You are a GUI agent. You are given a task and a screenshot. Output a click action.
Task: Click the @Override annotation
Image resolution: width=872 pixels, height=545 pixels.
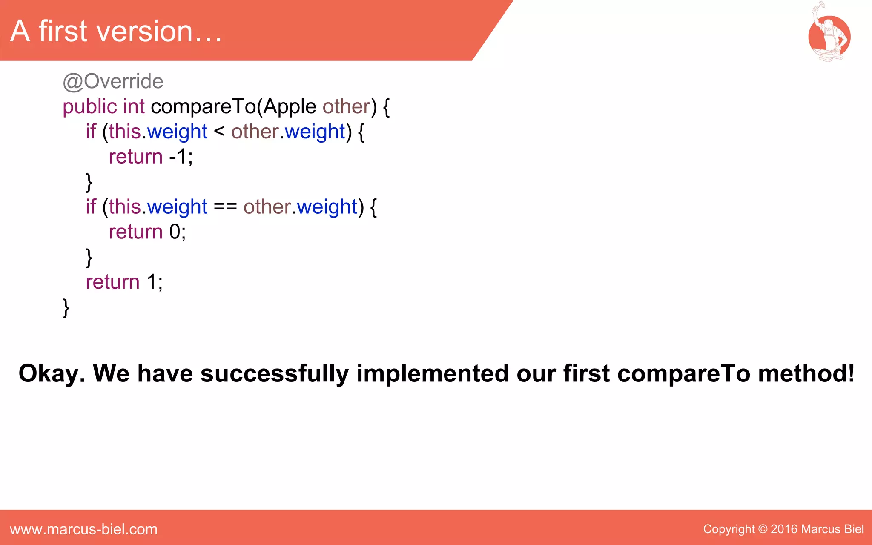pos(113,81)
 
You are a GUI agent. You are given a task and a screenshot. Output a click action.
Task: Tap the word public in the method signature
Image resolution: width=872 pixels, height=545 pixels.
pos(89,106)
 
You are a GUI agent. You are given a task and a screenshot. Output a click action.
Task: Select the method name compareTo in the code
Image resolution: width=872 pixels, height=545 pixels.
pos(204,106)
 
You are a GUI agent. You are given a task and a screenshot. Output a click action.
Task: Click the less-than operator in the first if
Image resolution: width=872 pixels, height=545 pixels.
pos(219,131)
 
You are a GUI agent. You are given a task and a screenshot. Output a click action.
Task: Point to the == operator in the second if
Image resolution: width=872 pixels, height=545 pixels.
pos(225,207)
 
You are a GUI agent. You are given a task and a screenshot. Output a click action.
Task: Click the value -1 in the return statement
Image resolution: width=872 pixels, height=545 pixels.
pos(178,157)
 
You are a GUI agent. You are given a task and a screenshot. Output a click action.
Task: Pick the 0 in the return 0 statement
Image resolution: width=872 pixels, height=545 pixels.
pos(175,232)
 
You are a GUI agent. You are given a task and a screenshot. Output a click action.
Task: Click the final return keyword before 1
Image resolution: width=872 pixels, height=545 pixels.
pos(112,282)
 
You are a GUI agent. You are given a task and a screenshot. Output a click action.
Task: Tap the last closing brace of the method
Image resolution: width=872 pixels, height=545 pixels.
pos(66,307)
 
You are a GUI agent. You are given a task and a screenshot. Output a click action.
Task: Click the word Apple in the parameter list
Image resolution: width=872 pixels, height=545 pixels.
pos(290,106)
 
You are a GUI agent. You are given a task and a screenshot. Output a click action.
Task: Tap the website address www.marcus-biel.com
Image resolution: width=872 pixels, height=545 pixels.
pos(84,529)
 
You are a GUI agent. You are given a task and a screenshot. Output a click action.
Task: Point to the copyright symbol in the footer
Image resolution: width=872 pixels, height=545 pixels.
pos(763,529)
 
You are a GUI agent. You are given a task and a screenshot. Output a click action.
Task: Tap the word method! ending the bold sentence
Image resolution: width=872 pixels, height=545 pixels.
pos(806,374)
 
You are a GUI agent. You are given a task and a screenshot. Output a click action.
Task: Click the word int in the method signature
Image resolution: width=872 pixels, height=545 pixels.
pos(134,106)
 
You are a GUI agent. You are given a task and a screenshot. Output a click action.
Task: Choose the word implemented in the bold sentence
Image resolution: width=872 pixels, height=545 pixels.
pos(433,374)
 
